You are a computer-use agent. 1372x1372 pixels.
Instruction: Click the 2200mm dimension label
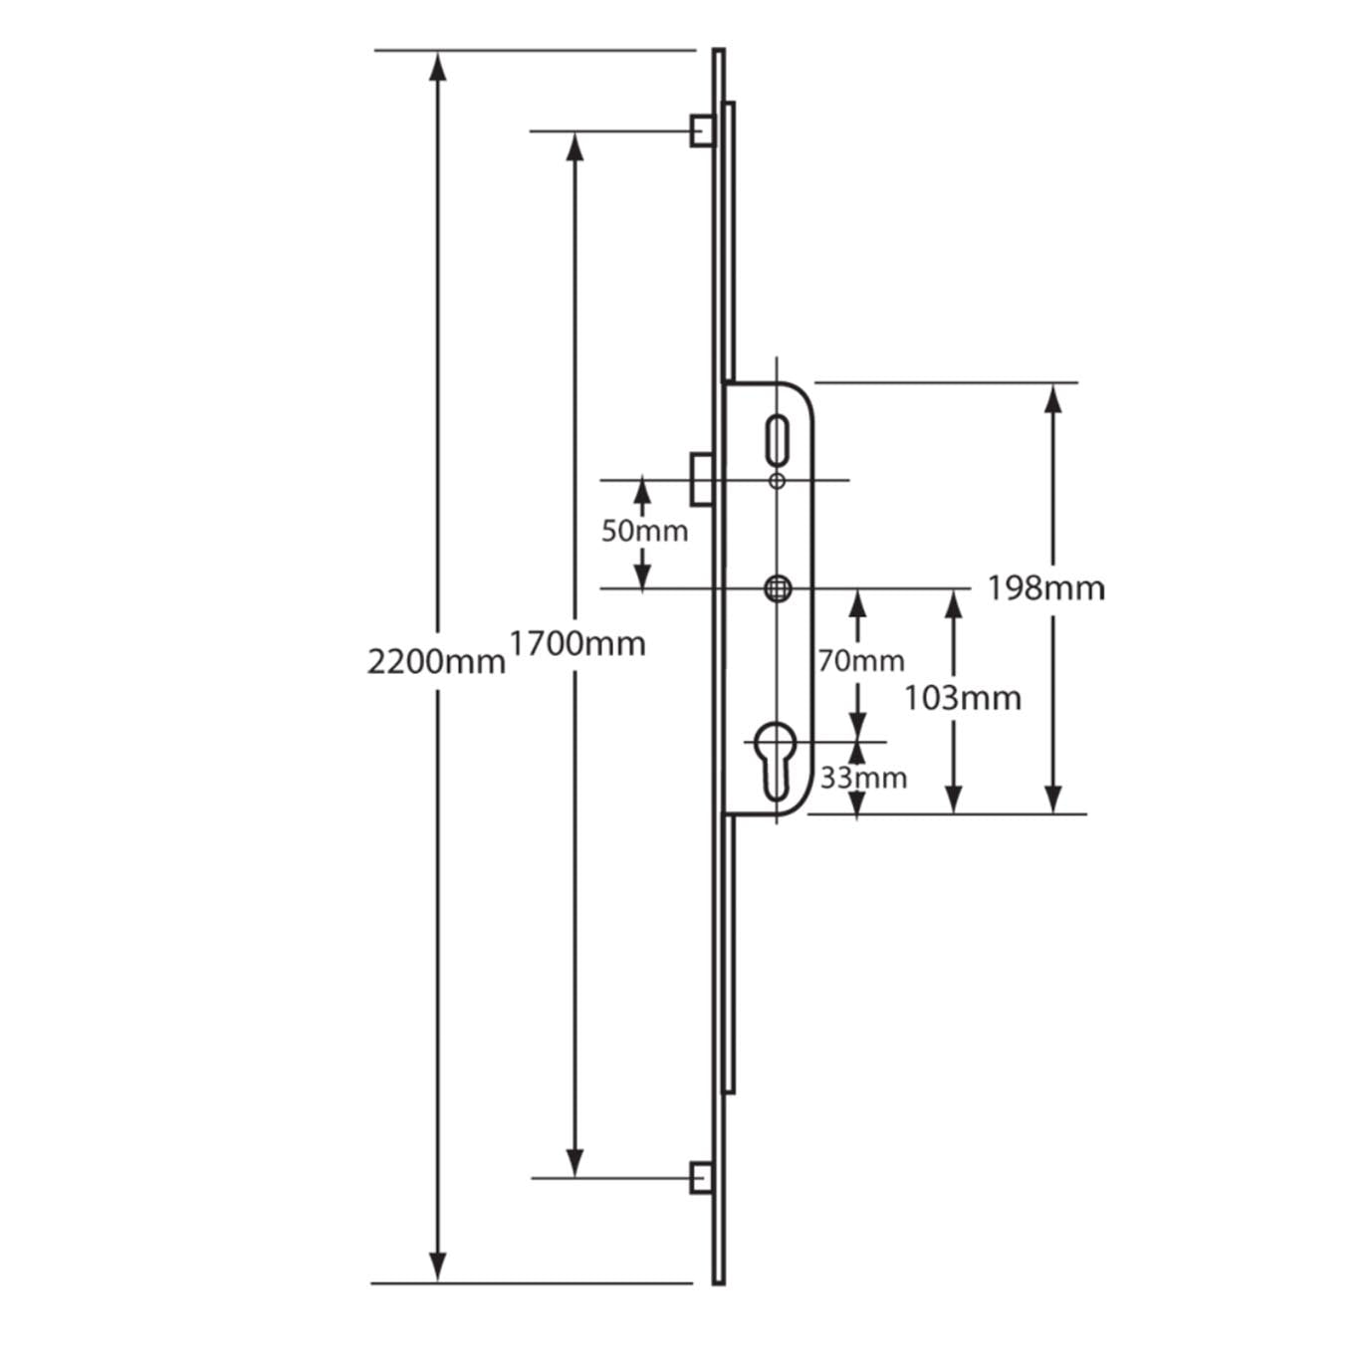click(x=436, y=661)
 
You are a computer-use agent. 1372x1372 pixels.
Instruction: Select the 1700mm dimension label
click(x=577, y=644)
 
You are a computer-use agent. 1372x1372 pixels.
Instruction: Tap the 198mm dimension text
click(x=1045, y=588)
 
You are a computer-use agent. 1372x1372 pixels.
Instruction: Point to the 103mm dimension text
click(x=962, y=698)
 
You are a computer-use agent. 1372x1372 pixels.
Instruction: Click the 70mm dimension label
click(x=861, y=660)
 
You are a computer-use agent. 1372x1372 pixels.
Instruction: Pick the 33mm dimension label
click(x=863, y=778)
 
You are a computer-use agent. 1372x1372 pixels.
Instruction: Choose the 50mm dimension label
click(x=644, y=531)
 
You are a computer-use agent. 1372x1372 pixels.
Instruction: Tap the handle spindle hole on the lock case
click(x=778, y=588)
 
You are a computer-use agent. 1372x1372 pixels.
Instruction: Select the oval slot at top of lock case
click(x=777, y=439)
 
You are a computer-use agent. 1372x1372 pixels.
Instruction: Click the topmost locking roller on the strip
click(x=702, y=130)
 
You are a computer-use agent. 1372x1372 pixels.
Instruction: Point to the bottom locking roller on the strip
click(x=701, y=1178)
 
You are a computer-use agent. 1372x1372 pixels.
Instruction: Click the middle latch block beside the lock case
click(x=701, y=479)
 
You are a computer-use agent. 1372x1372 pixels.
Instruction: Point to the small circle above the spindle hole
click(x=778, y=481)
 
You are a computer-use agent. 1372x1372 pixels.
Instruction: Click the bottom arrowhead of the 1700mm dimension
click(x=573, y=1162)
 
